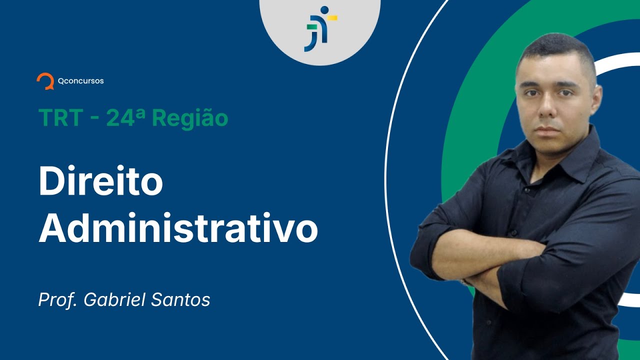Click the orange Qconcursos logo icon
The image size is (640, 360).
click(45, 80)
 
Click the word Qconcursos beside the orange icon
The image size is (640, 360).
click(80, 80)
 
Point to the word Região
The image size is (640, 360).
click(190, 119)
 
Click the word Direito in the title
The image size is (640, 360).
click(100, 182)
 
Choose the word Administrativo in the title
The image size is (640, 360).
click(178, 228)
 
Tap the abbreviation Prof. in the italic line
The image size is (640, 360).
click(58, 300)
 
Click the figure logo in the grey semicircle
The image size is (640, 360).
click(320, 28)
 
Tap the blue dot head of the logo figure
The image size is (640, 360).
click(324, 10)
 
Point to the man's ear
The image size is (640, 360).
click(596, 98)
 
